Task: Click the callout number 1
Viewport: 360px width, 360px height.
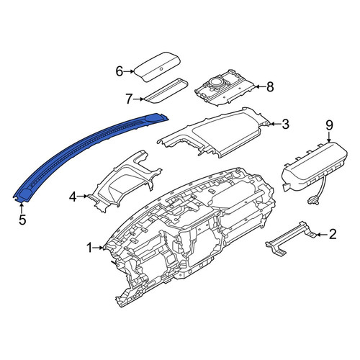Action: tap(89, 248)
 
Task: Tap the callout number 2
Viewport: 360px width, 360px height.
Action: tap(333, 234)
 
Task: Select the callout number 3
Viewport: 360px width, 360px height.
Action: tap(285, 124)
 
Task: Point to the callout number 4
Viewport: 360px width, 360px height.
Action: tap(73, 197)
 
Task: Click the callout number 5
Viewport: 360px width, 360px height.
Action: tap(22, 220)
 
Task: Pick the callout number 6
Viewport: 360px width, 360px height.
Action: tap(120, 71)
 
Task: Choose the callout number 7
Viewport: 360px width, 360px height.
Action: tap(129, 99)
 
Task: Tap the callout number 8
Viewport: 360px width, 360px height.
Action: tap(270, 87)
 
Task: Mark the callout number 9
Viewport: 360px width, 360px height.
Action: tap(329, 125)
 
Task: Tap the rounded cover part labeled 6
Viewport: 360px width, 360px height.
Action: tap(157, 67)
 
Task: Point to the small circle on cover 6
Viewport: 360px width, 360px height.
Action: tap(161, 69)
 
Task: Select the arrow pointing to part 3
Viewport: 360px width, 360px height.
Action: tap(275, 124)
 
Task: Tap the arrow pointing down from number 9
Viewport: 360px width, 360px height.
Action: tap(329, 138)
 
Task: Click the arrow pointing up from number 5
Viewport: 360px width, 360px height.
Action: tap(22, 208)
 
